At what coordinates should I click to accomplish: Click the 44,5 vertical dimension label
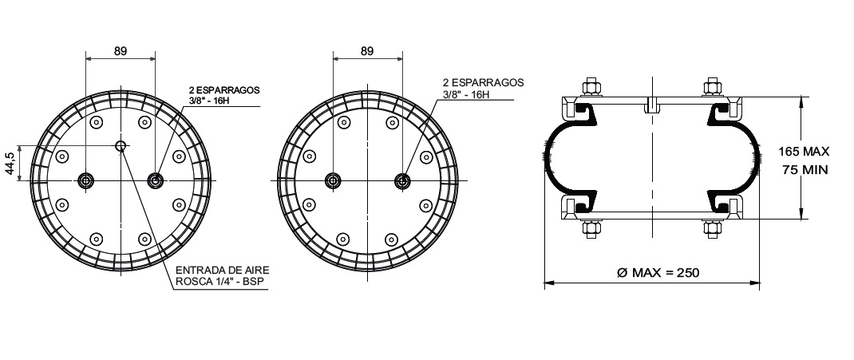click(10, 163)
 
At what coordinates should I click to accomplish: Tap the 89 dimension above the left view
click(121, 51)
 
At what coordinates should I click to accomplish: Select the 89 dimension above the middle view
click(367, 51)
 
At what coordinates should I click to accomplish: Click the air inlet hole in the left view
click(121, 145)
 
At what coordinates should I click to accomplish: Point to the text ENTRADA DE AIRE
click(222, 270)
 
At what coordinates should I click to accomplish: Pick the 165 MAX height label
click(804, 151)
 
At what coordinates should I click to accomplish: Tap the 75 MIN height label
click(805, 170)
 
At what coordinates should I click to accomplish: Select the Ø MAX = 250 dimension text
click(658, 272)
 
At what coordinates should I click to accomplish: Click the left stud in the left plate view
click(85, 180)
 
